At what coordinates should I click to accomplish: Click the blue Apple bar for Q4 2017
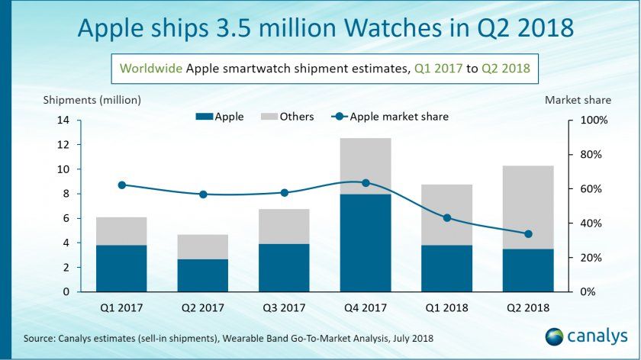[365, 243]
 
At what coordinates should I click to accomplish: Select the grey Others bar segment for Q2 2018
[527, 207]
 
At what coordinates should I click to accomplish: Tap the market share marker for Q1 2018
[447, 218]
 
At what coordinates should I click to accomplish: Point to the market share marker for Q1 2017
[122, 185]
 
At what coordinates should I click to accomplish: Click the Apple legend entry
[221, 117]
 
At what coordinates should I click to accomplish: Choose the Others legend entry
[285, 117]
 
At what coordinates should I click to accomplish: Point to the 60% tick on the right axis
[591, 189]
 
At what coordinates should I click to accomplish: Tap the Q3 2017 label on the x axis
[284, 308]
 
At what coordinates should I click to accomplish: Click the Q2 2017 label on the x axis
[203, 308]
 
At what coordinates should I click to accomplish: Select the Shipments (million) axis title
[92, 100]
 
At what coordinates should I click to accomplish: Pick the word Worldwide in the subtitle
[151, 68]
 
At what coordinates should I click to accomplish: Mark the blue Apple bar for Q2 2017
[203, 275]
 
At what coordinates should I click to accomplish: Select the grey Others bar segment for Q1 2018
[446, 214]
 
